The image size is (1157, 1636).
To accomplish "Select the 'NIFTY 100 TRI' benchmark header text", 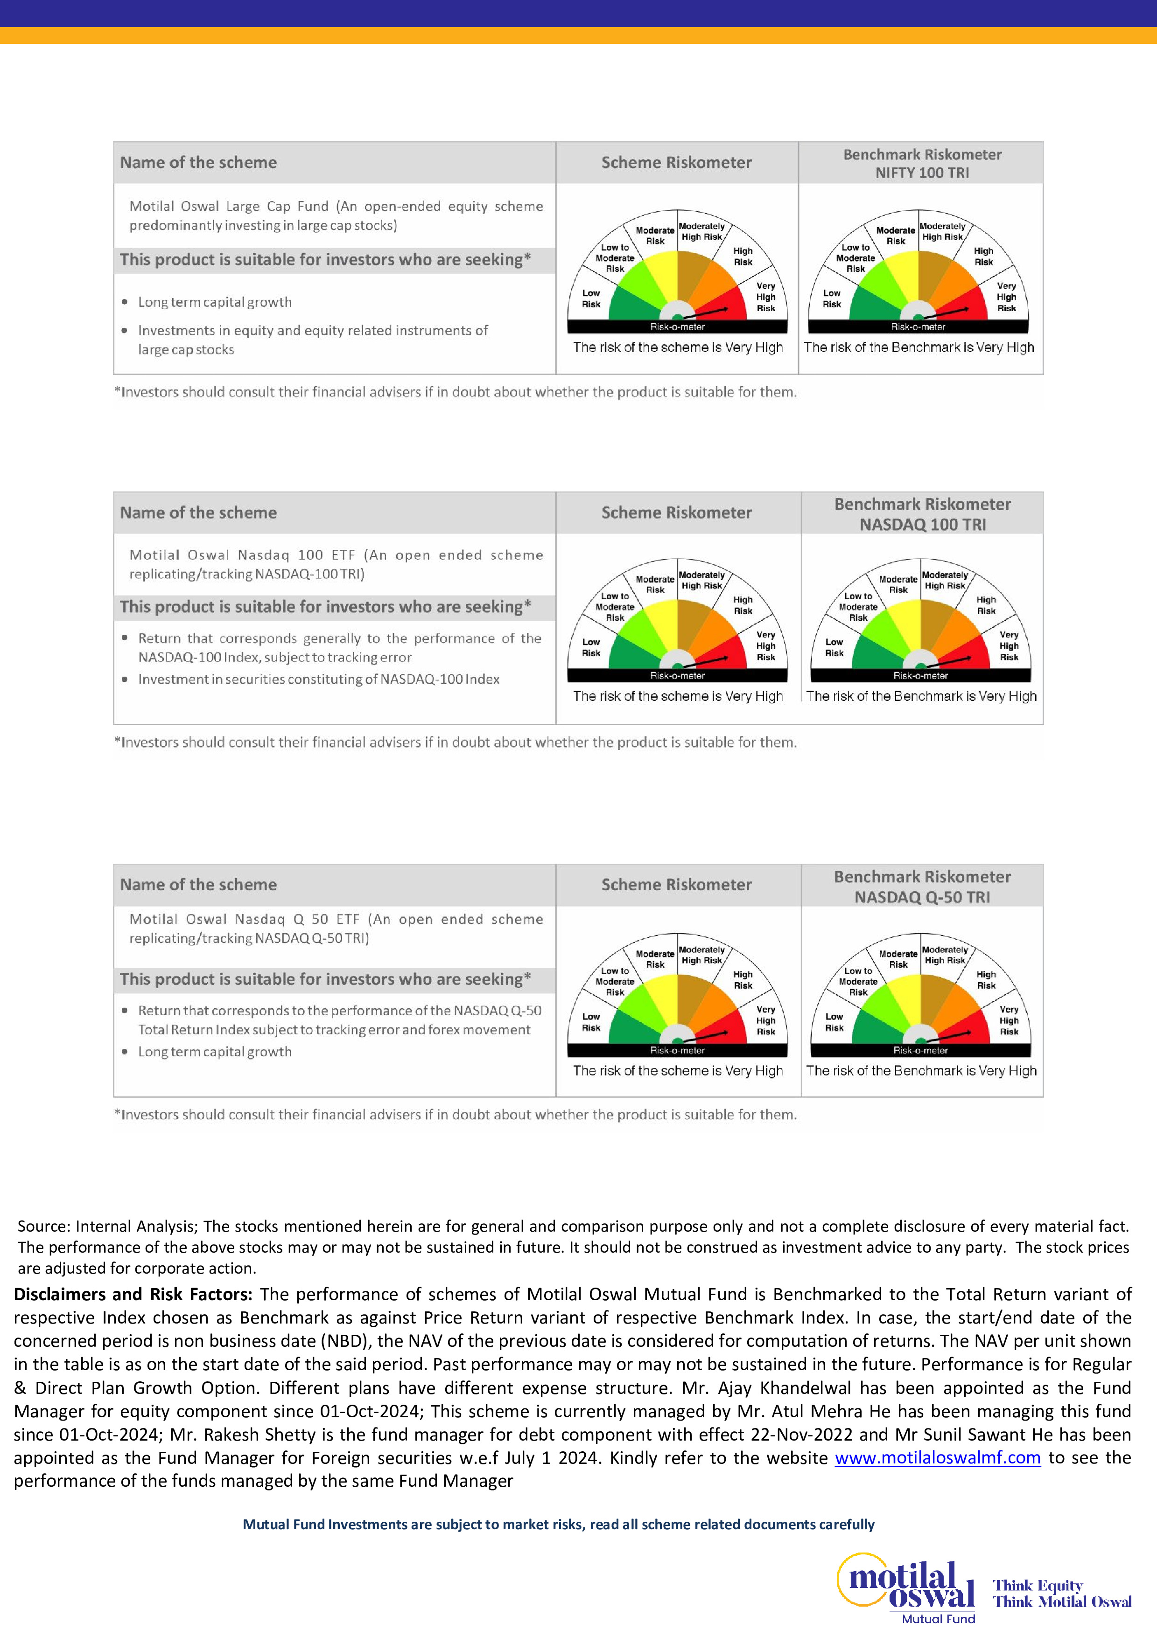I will [x=922, y=173].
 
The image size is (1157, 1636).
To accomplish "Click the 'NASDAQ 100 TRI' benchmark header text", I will [x=922, y=525].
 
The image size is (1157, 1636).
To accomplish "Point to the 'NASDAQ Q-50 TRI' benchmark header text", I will [x=922, y=897].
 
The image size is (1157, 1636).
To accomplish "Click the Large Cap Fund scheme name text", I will [x=335, y=215].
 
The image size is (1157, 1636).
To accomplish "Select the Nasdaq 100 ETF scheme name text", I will [x=335, y=564].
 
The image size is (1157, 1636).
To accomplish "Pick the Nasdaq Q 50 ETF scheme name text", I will [x=335, y=929].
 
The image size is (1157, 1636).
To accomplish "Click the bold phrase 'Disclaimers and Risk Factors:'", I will [x=133, y=1294].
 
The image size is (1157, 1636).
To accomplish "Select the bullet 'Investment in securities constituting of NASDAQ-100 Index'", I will [x=319, y=679].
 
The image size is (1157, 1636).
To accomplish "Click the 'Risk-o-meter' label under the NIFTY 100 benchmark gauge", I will [x=918, y=327].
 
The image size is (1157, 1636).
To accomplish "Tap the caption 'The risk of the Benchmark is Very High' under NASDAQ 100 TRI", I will [x=921, y=696].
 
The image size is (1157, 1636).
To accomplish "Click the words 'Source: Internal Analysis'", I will [x=107, y=1226].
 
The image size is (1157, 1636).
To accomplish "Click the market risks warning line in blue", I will [x=558, y=1524].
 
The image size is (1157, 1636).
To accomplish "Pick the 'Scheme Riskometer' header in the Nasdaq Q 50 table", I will [x=676, y=884].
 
